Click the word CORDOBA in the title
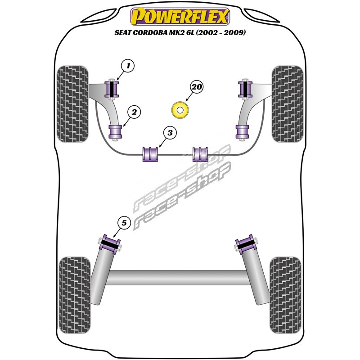[150, 32]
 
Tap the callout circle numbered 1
[128, 66]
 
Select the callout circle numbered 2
[134, 112]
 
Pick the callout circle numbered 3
[170, 133]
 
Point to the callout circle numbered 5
[124, 223]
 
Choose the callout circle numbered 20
[197, 87]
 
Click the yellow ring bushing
[180, 110]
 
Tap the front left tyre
[72, 104]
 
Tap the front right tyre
[288, 104]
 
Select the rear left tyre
[75, 295]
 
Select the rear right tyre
[285, 295]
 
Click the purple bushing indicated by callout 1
[112, 89]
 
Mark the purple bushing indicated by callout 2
[115, 132]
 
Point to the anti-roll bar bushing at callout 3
[150, 154]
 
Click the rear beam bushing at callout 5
[110, 244]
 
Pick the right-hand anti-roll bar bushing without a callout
[200, 154]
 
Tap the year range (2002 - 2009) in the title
[221, 32]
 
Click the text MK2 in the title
[175, 32]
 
